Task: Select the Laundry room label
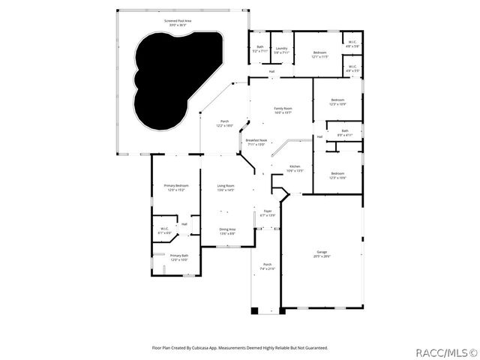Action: [x=281, y=50]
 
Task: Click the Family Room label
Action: [x=283, y=110]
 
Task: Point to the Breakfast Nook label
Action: [x=256, y=142]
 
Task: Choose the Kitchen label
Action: [x=295, y=168]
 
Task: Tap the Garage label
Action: [x=321, y=254]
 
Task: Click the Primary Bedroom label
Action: [x=176, y=187]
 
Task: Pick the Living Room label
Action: [x=226, y=187]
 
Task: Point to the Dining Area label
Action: [x=227, y=231]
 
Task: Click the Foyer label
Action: [x=267, y=213]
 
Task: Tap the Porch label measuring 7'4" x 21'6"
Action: [x=267, y=266]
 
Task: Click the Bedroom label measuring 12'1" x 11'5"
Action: [x=320, y=54]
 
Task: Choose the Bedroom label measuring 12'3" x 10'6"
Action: [x=337, y=176]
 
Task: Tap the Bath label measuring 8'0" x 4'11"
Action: [x=345, y=133]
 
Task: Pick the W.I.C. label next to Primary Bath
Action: [x=164, y=230]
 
